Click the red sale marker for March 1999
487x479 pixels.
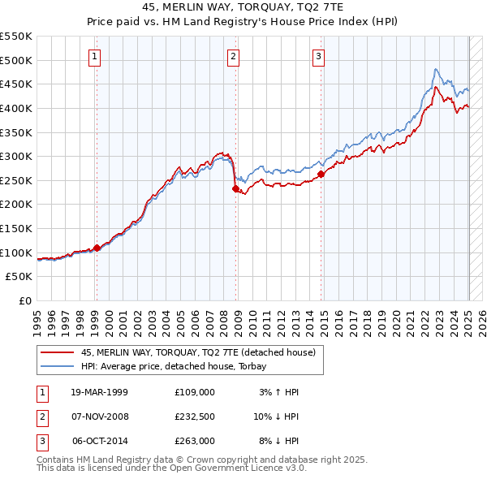tap(97, 248)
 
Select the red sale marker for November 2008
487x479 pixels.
tap(236, 188)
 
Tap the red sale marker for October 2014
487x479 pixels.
tap(321, 174)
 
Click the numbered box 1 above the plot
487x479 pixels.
tap(96, 56)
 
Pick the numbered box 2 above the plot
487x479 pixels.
tap(233, 56)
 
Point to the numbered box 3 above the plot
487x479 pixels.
tap(318, 56)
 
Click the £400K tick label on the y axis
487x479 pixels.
tap(16, 108)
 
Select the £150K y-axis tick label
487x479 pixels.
tap(16, 228)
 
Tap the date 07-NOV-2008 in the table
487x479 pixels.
tap(100, 416)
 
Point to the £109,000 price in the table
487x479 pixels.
tap(194, 392)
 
